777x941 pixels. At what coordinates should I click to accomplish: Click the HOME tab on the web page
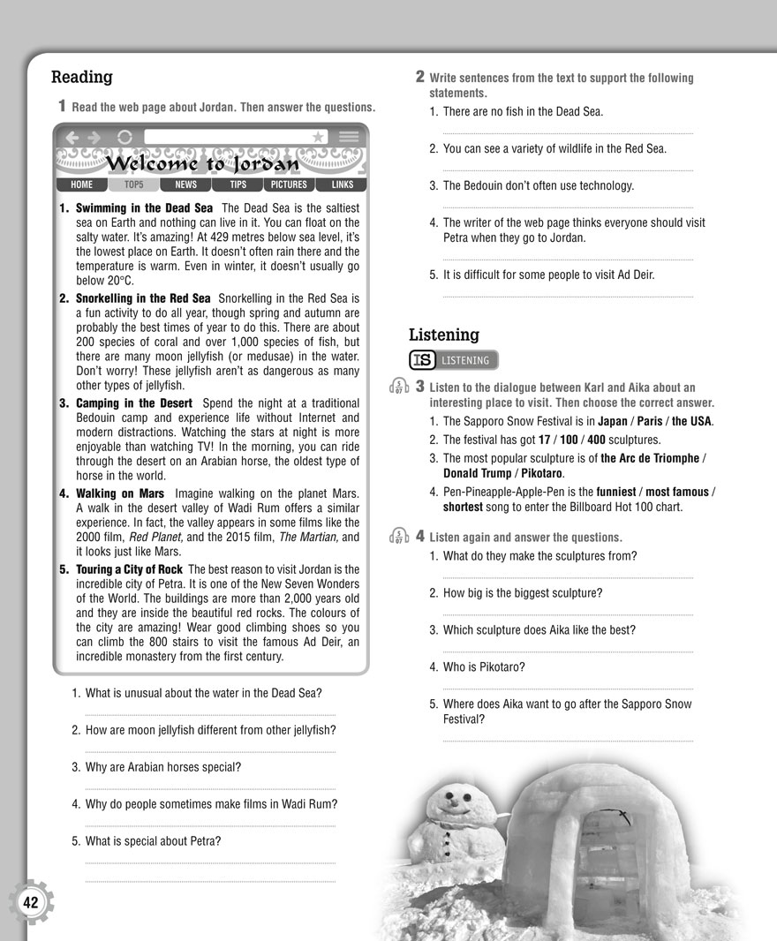[81, 185]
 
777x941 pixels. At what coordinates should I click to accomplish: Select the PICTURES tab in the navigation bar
[289, 185]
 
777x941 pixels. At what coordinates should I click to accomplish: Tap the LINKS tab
[342, 185]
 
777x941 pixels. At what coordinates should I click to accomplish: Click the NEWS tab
[185, 185]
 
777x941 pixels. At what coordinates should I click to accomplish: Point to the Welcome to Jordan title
[201, 165]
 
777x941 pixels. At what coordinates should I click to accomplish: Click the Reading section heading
[82, 78]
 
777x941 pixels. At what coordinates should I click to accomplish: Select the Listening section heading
[443, 335]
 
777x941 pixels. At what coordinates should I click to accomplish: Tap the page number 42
[31, 902]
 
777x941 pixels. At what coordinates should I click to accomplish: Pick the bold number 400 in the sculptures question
[596, 440]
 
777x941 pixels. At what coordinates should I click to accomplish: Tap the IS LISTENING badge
[454, 360]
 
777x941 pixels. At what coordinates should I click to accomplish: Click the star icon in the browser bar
[318, 137]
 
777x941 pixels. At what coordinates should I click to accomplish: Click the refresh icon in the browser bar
[124, 137]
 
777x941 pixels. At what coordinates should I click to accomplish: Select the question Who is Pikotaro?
[486, 667]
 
